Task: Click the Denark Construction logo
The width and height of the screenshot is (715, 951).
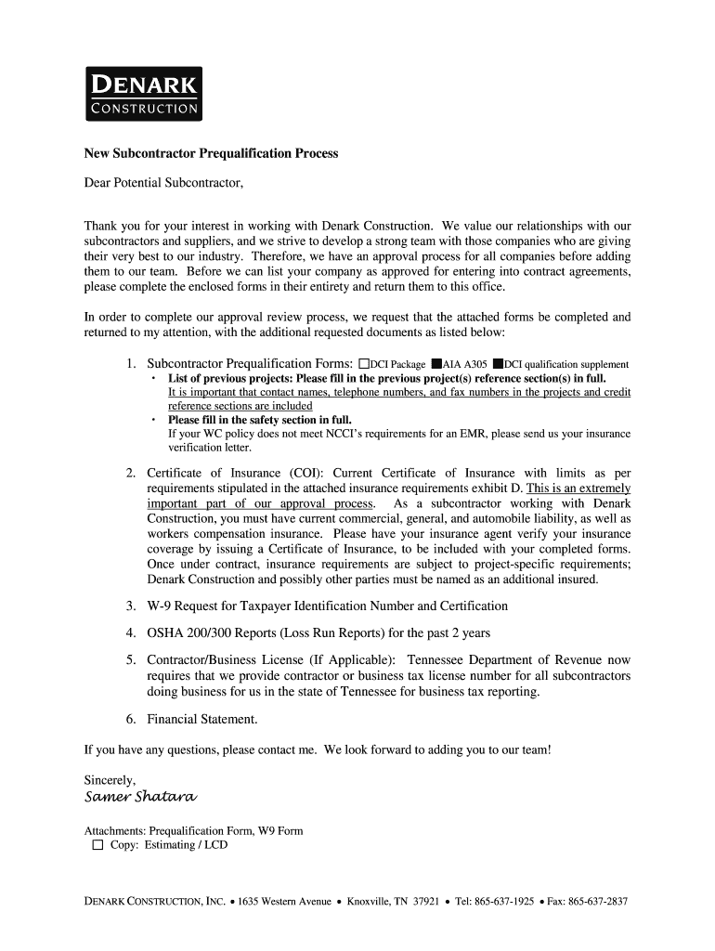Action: point(143,94)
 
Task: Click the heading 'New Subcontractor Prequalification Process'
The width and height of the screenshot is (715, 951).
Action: point(211,152)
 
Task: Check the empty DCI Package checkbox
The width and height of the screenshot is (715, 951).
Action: point(364,364)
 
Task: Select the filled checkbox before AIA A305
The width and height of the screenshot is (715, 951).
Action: point(435,364)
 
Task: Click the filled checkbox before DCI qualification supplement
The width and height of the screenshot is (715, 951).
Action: point(498,364)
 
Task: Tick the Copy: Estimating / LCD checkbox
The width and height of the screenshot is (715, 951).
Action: point(97,845)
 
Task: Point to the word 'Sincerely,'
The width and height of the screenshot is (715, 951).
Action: point(110,779)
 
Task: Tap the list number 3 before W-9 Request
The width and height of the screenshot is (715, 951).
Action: point(131,606)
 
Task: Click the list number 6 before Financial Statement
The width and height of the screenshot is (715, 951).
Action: point(131,719)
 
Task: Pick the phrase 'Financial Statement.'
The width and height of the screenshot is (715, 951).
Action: point(202,719)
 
